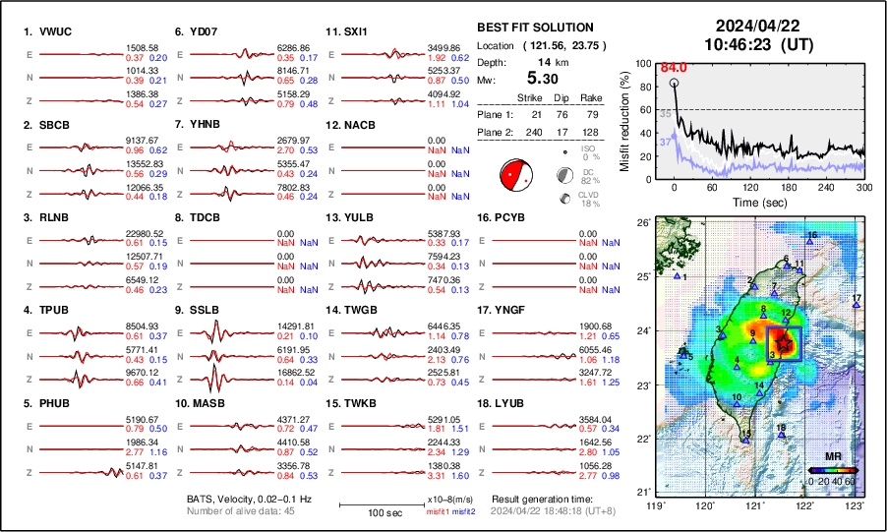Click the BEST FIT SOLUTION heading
pos(534,28)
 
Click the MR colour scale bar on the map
pos(831,471)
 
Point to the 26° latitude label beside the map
pos(640,223)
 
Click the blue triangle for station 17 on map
pos(857,305)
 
